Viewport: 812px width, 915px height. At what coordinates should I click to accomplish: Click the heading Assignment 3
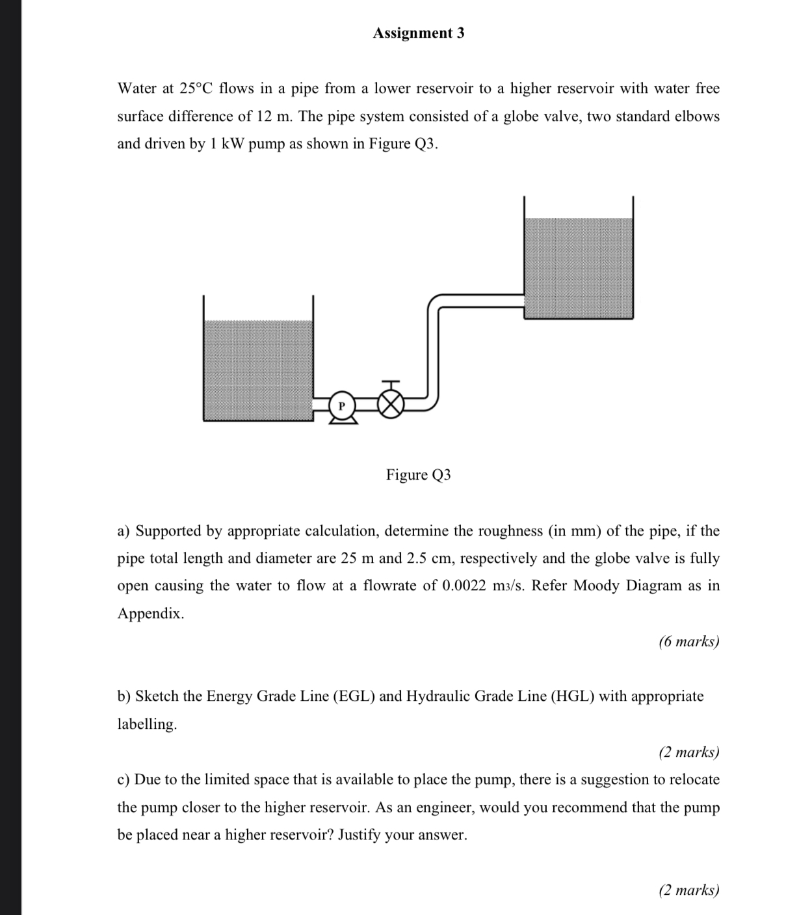point(418,33)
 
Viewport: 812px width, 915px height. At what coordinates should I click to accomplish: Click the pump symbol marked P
point(342,405)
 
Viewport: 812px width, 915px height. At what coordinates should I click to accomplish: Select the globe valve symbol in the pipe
point(390,405)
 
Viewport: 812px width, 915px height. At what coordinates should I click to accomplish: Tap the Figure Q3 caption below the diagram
point(418,474)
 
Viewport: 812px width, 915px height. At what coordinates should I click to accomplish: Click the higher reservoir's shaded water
point(578,268)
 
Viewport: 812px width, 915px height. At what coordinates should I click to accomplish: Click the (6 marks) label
point(688,642)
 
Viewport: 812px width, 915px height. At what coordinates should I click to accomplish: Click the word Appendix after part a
point(150,613)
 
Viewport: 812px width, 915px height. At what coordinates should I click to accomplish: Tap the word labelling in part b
point(146,724)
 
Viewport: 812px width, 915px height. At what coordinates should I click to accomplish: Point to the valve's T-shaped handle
point(390,384)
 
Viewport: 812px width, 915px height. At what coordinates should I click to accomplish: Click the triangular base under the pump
point(342,420)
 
